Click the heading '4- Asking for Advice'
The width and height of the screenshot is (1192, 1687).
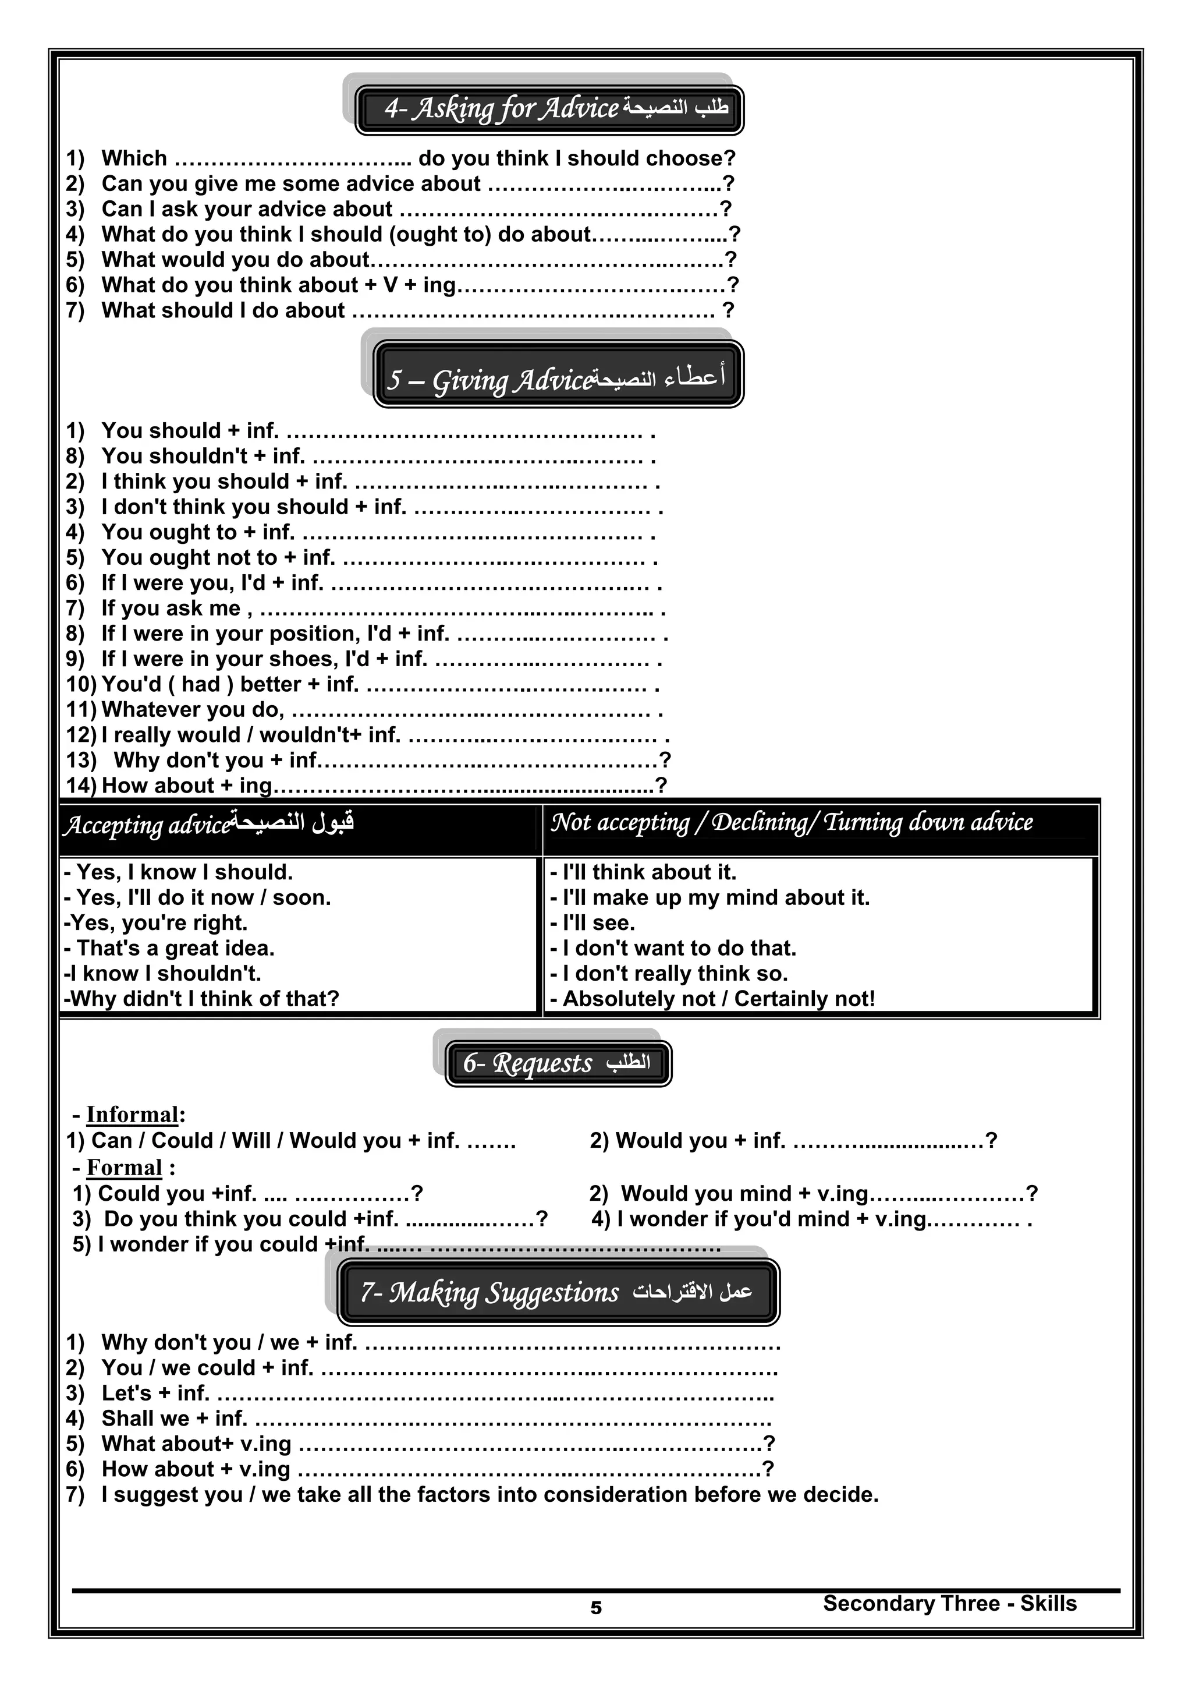[549, 109]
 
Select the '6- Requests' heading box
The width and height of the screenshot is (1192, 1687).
[558, 1063]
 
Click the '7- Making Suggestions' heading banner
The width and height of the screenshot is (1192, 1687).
[558, 1292]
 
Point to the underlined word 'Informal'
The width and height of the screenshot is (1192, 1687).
[132, 1115]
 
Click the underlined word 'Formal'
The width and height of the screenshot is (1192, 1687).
[124, 1168]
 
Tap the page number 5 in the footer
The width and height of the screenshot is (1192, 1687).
[595, 1608]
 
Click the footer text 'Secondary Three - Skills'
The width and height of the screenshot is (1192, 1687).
[949, 1603]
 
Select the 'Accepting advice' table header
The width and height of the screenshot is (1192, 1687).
[208, 825]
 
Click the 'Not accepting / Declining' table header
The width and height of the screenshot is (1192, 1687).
[792, 822]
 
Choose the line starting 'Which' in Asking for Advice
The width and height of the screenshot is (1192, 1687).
[400, 159]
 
